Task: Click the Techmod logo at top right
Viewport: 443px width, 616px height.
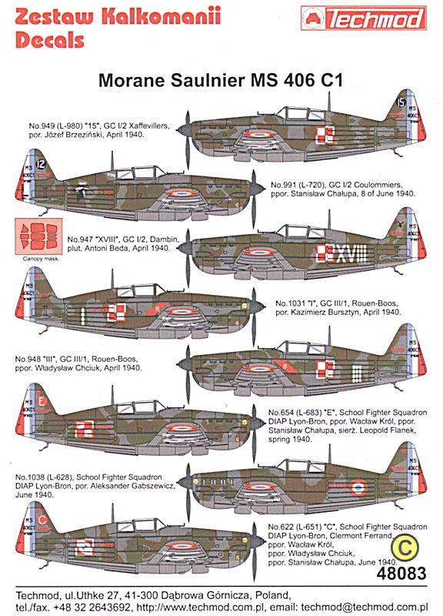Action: point(363,18)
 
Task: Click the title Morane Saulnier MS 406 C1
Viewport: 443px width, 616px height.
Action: point(221,80)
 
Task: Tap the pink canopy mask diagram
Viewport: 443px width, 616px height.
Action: point(38,236)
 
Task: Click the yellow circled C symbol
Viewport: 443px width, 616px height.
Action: point(405,547)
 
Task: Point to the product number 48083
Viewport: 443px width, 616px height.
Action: point(401,573)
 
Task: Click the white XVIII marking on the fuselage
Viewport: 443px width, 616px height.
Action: point(351,253)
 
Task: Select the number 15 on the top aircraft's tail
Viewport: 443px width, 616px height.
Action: point(400,102)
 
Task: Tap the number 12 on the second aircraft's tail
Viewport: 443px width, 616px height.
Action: point(41,164)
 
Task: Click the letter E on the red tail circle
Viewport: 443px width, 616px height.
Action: point(42,401)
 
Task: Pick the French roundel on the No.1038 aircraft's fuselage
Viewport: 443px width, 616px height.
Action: point(358,487)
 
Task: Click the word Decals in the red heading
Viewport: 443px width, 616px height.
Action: point(50,41)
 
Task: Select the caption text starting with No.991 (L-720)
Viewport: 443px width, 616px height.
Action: point(343,189)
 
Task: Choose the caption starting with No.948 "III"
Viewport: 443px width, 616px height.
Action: point(78,363)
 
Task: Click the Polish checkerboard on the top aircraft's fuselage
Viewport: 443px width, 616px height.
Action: point(325,135)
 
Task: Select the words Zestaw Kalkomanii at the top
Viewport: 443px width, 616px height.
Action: point(118,16)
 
